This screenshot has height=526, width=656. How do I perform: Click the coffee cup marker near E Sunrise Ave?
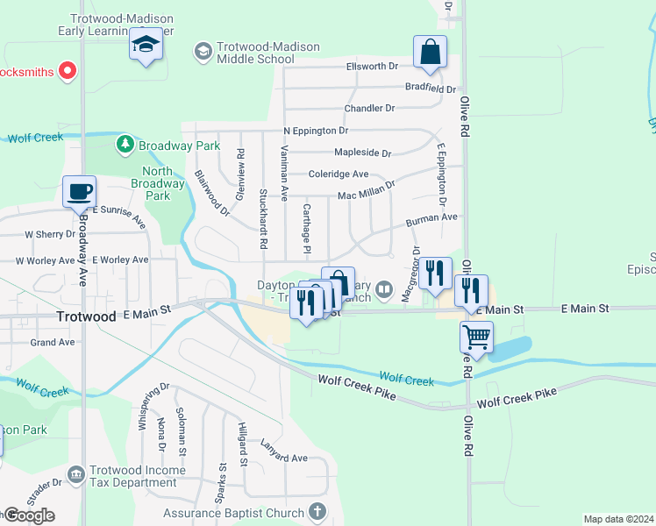tap(79, 190)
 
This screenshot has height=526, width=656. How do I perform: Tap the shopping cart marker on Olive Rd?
tap(476, 335)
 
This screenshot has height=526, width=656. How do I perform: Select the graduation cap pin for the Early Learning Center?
tap(146, 44)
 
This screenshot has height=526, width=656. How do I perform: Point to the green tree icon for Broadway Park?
tap(126, 144)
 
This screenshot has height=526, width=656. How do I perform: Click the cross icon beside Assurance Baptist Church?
tap(317, 511)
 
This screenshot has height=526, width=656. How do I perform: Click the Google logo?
tap(28, 515)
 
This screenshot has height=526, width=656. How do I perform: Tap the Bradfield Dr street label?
tap(431, 89)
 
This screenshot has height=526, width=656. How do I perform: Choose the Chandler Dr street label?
tap(369, 109)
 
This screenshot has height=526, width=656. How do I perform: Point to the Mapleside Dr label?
tap(362, 153)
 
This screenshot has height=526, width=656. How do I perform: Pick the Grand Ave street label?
tap(52, 342)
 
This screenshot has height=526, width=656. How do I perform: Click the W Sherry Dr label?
tap(51, 235)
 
